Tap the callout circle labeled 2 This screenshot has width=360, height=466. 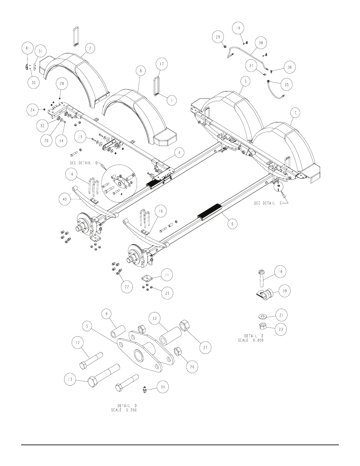(90, 48)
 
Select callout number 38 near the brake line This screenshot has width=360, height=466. (261, 43)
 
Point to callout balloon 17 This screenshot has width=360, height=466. (162, 64)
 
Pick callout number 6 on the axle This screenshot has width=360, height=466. (232, 224)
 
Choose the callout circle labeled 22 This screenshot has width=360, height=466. (127, 287)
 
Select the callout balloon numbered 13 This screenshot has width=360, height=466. (70, 379)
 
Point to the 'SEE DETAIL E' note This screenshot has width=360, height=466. (268, 203)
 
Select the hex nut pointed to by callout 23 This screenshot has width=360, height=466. (263, 326)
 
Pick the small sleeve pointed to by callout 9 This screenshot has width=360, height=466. (118, 332)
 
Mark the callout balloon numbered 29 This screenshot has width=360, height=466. (218, 37)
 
